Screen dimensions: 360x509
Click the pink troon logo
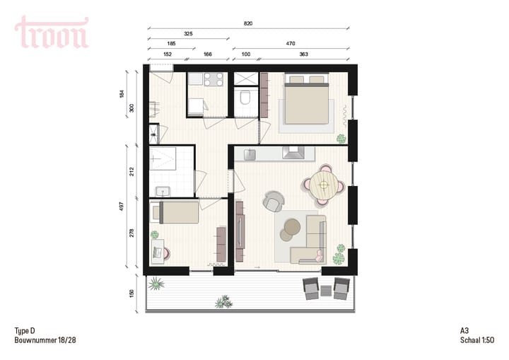(x=52, y=33)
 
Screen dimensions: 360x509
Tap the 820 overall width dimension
(x=247, y=23)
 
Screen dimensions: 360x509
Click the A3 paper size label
(x=464, y=330)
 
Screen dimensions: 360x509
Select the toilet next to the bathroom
(x=245, y=98)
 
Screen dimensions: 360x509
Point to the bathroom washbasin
(x=163, y=190)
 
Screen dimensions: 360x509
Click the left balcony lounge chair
(x=311, y=286)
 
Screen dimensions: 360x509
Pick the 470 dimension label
(x=290, y=43)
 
